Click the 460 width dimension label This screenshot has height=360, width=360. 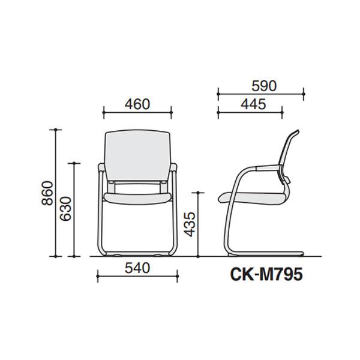(x=137, y=104)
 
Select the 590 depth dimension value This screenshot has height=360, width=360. (x=264, y=86)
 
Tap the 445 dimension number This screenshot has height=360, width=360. (x=253, y=104)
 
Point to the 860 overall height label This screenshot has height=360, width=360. (x=47, y=193)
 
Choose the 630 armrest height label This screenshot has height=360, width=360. (x=65, y=209)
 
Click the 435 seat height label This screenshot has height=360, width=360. (x=190, y=224)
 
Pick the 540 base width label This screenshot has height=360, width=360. (x=137, y=268)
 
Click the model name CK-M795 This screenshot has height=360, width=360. (x=266, y=275)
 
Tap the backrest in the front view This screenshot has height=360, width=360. (x=138, y=155)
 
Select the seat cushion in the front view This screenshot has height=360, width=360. (x=137, y=198)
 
